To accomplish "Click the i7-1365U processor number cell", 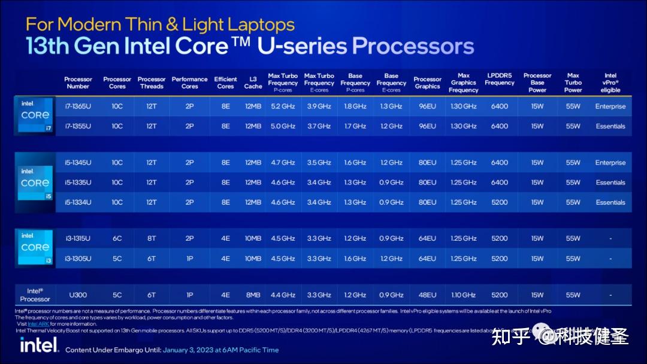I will click(x=78, y=107).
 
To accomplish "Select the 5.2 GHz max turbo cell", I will click(x=283, y=107).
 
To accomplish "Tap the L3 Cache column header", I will click(x=253, y=83).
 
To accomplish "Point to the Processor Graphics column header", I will click(x=427, y=83).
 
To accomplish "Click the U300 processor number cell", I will click(x=78, y=295).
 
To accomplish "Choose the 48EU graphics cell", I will click(x=427, y=295).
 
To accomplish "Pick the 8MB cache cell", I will click(x=253, y=295).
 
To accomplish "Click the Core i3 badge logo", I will click(x=35, y=247).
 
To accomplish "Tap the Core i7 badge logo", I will click(x=35, y=115).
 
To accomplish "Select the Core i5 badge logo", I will click(x=35, y=183).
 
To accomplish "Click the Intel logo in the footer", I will click(x=39, y=345).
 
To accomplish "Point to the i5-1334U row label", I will click(x=78, y=202).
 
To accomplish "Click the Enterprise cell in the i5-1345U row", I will click(x=610, y=163).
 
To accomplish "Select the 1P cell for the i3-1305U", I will click(x=189, y=259).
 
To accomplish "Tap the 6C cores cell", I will click(x=117, y=238).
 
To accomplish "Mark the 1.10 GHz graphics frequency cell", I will click(x=463, y=295).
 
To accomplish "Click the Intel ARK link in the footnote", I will click(x=38, y=324).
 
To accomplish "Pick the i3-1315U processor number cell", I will click(x=78, y=238).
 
